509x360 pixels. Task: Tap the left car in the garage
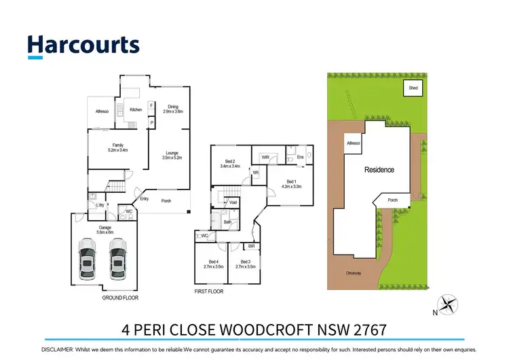click(x=88, y=259)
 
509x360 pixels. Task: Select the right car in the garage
click(x=119, y=259)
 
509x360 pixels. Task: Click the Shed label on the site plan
click(x=413, y=88)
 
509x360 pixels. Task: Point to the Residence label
click(x=379, y=170)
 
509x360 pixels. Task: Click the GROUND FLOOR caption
click(x=121, y=298)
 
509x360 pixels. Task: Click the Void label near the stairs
click(x=233, y=202)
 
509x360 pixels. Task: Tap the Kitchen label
click(x=136, y=109)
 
